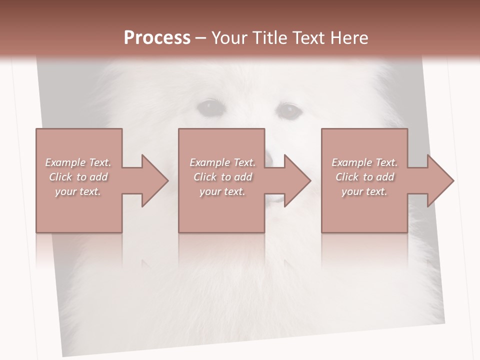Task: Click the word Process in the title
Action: click(x=157, y=38)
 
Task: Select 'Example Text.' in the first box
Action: click(x=78, y=162)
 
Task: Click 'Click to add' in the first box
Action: click(x=78, y=177)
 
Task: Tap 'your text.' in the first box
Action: click(x=78, y=191)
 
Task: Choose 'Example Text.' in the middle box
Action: click(x=222, y=162)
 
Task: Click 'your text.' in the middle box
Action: click(x=222, y=191)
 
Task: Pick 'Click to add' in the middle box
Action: click(x=222, y=177)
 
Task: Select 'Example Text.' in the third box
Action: click(x=364, y=162)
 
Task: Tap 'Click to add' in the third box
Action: click(x=364, y=177)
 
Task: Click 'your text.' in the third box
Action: click(x=364, y=191)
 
